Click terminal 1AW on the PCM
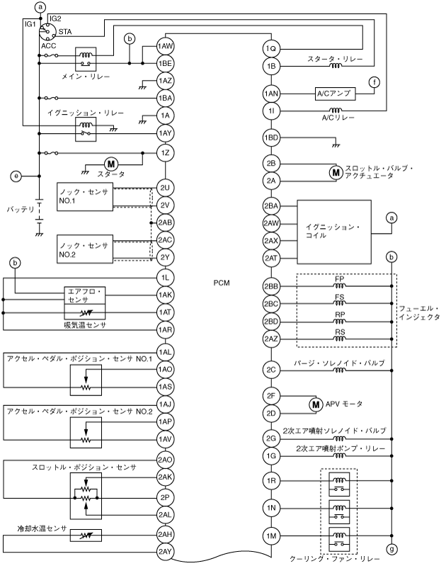coord(166,46)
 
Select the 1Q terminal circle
coord(272,48)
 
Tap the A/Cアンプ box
coord(336,93)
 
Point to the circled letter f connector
coord(374,81)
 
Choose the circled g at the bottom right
coord(391,548)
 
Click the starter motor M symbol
coord(110,165)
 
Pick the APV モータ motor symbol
coord(316,404)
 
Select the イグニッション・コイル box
coord(333,232)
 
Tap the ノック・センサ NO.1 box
coord(84,196)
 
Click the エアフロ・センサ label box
coord(84,295)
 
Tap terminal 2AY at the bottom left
coord(166,551)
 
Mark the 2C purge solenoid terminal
coord(272,370)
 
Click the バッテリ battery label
coord(21,210)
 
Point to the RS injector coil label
coord(340,332)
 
